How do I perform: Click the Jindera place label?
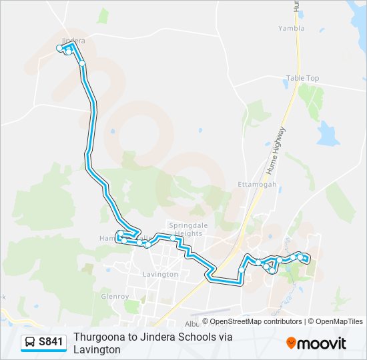(x=73, y=41)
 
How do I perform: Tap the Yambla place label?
(x=292, y=29)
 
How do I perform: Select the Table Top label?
(x=302, y=78)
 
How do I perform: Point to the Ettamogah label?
(x=253, y=184)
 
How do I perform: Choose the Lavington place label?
(x=161, y=274)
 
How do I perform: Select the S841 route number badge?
(x=51, y=343)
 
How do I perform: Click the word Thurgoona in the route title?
(x=99, y=337)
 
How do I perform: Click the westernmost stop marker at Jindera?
(x=59, y=48)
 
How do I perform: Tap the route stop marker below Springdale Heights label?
(x=173, y=238)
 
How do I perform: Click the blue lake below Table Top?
(x=328, y=135)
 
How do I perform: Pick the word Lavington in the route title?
(x=97, y=349)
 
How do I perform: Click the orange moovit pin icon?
(x=292, y=343)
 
